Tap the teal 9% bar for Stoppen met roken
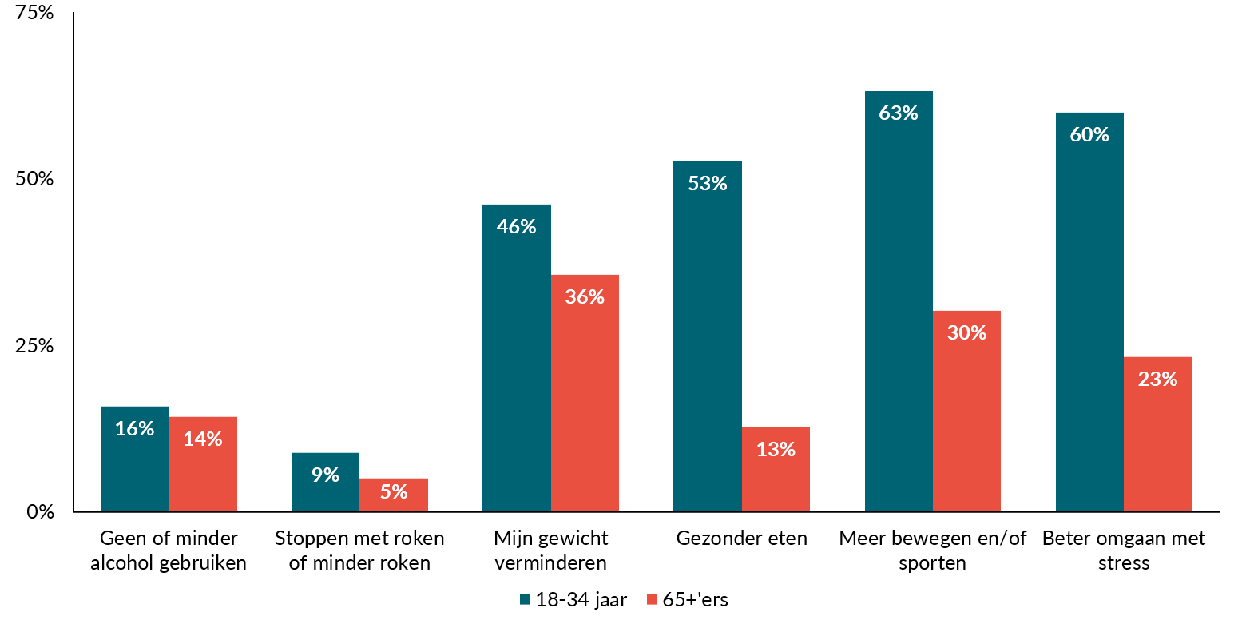coord(325,483)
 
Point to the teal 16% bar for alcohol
coord(134,459)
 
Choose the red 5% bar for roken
coord(394,495)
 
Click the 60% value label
coord(1089,135)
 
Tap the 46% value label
coord(516,227)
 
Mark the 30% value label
coord(966,333)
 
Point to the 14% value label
coord(202,439)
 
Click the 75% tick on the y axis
coord(35,13)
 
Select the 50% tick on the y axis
coord(35,179)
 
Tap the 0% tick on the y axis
coord(40,511)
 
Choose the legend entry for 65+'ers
coord(688,600)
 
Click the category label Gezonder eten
coord(741,539)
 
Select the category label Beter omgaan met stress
coord(1124,550)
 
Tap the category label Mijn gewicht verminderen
coord(550,550)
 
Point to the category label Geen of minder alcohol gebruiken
coord(169,550)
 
